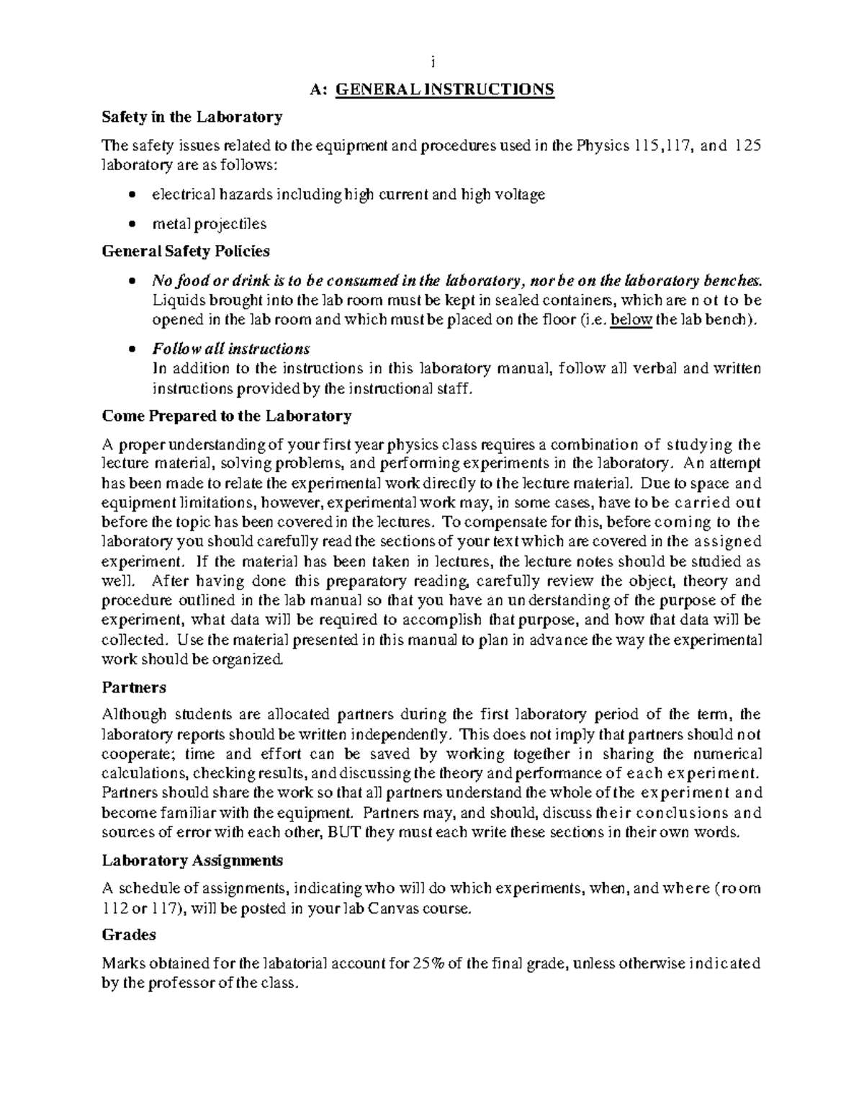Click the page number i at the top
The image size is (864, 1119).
click(x=432, y=62)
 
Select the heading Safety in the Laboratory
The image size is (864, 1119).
click(x=192, y=117)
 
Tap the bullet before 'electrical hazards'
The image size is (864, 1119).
click(x=130, y=195)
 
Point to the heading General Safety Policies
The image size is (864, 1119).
click(x=186, y=251)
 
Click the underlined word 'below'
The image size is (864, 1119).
click(x=631, y=321)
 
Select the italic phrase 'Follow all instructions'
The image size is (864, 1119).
click(x=230, y=349)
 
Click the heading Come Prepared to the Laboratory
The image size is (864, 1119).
click(x=227, y=416)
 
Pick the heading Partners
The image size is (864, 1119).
click(x=134, y=687)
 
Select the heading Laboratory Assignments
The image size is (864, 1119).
click(x=192, y=860)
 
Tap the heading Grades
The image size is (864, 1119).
click(x=129, y=935)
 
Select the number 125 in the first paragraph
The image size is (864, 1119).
click(x=747, y=146)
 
